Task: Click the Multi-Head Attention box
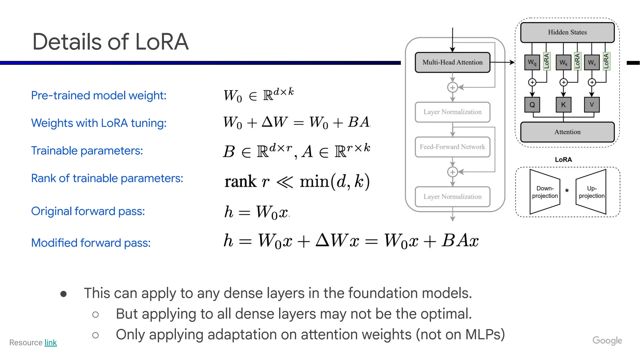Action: [452, 62]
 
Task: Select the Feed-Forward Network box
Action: [452, 147]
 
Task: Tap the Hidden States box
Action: [567, 32]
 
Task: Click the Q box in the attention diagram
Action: [532, 105]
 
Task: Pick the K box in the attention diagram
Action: [563, 105]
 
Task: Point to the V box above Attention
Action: [592, 105]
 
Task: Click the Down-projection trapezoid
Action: [544, 192]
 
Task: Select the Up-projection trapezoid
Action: [591, 192]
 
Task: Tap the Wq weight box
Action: [532, 62]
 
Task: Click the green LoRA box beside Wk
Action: [577, 61]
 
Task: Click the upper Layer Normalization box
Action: [452, 112]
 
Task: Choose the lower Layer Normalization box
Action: [452, 197]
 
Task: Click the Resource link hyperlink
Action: [50, 342]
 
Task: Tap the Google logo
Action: [607, 341]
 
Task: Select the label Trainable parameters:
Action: [87, 151]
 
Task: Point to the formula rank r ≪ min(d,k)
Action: [297, 181]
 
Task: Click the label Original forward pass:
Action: [88, 211]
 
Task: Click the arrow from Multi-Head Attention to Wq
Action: [502, 62]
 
